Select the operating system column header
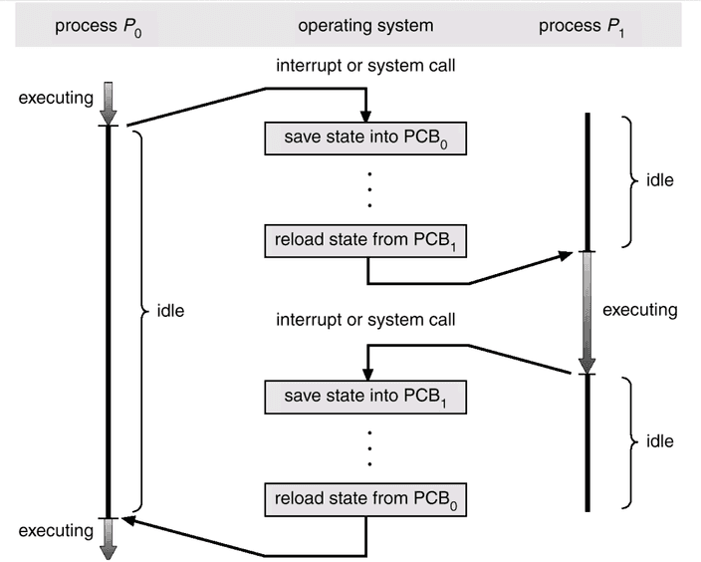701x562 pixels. click(x=366, y=25)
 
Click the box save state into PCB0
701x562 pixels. click(x=366, y=138)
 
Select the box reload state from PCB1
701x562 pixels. click(x=366, y=240)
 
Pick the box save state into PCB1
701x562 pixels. click(x=366, y=397)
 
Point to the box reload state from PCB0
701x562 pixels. click(x=366, y=499)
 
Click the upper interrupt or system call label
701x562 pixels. click(x=366, y=66)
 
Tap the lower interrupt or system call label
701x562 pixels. click(x=366, y=321)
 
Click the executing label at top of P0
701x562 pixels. click(x=51, y=100)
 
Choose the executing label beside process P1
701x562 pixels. click(x=639, y=310)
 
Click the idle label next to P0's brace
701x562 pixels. click(x=171, y=310)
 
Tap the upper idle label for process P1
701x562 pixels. click(x=660, y=180)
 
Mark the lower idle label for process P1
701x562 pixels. click(x=660, y=439)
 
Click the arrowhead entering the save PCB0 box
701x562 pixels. click(x=366, y=115)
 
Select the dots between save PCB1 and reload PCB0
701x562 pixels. click(x=368, y=448)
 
